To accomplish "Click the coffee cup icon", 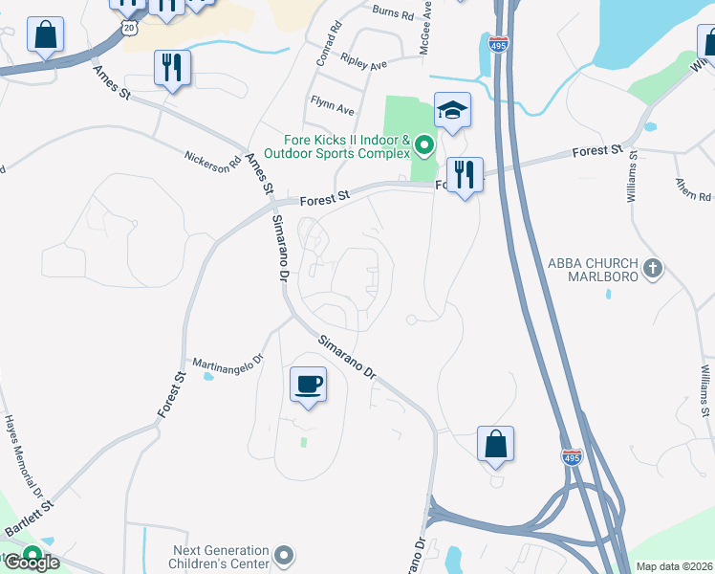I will click(x=308, y=385).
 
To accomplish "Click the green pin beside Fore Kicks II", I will click(x=424, y=146).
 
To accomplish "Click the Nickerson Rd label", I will click(x=207, y=160).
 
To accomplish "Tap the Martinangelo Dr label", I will click(x=227, y=363).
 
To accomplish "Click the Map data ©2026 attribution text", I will click(x=675, y=566).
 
